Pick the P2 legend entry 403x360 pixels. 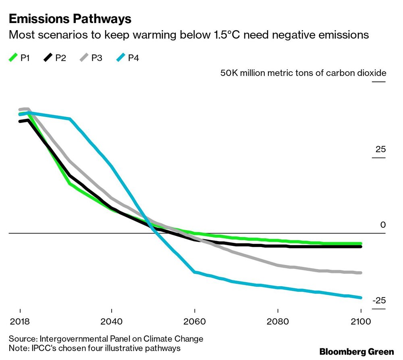tap(55, 58)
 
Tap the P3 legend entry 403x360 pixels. tap(91, 58)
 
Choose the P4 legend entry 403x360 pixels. tap(127, 58)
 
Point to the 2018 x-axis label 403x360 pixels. tap(20, 322)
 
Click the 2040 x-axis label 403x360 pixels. tap(111, 322)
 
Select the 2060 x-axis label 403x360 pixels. tap(195, 322)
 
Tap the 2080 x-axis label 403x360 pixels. tap(278, 322)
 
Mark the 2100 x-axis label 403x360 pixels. tap(361, 322)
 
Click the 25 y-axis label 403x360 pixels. tap(380, 150)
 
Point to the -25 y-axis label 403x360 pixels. tap(379, 301)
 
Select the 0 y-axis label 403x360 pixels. tap(383, 225)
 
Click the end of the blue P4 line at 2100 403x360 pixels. tap(361, 298)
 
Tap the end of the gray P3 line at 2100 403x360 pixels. tap(361, 273)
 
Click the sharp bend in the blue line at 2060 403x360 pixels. tap(195, 272)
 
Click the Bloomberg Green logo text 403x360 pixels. tap(356, 352)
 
